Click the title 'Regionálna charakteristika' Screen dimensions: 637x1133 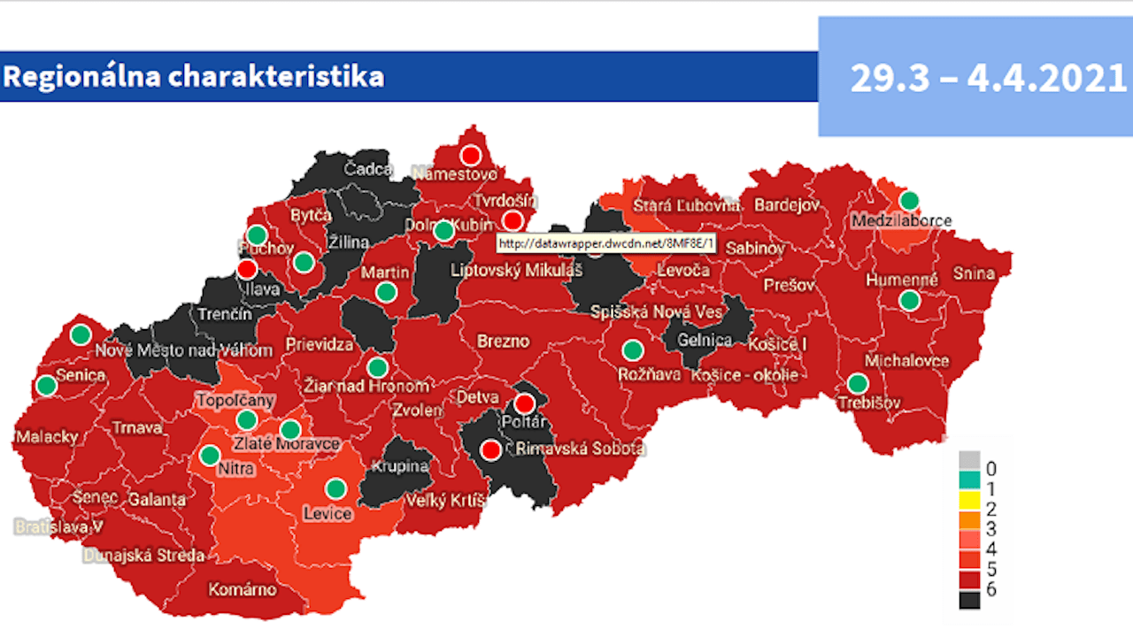click(194, 77)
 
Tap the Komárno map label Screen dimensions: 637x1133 click(242, 589)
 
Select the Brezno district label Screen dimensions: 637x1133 click(503, 341)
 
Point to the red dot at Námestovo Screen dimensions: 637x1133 click(471, 155)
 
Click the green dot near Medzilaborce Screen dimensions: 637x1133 click(909, 201)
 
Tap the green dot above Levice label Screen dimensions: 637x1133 click(335, 488)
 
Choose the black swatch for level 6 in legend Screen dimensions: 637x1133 click(969, 599)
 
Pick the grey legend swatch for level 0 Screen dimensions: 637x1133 click(969, 460)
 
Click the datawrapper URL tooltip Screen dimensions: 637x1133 click(606, 242)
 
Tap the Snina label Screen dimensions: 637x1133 click(974, 273)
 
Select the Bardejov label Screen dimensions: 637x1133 click(788, 206)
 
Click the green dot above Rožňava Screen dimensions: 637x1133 click(632, 349)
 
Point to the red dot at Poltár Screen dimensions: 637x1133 click(525, 404)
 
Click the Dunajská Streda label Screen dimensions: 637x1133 click(143, 556)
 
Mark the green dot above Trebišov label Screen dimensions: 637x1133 click(857, 383)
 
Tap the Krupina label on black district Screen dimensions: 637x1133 click(399, 466)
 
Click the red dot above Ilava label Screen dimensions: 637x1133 click(248, 268)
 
